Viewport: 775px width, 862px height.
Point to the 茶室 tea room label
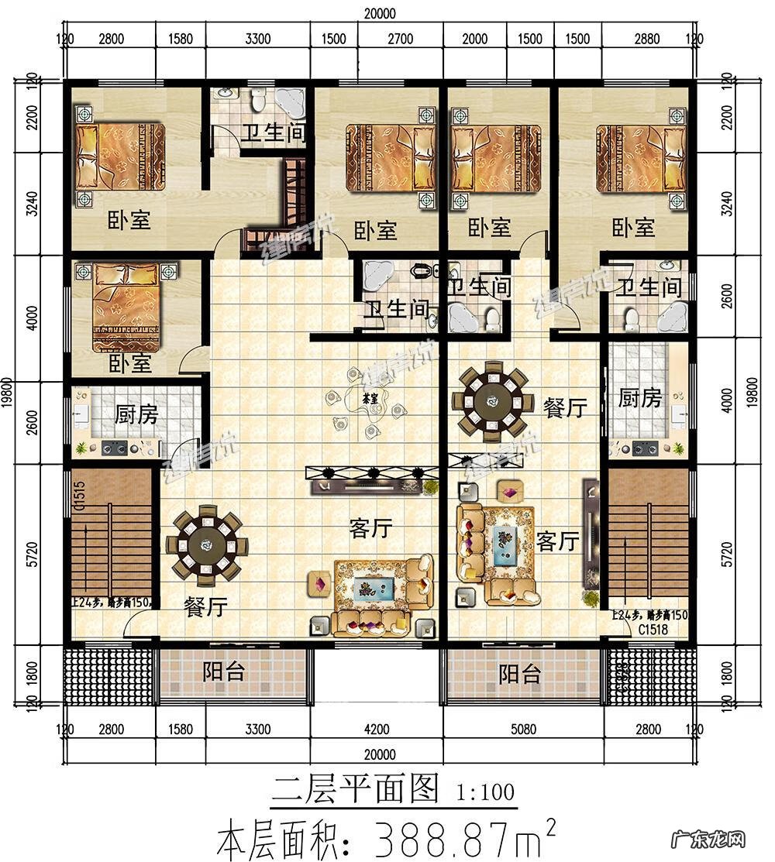click(370, 398)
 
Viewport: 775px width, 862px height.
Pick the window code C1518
click(653, 630)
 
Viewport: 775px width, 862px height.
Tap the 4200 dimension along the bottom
click(377, 729)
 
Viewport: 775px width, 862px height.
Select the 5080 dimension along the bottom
click(523, 729)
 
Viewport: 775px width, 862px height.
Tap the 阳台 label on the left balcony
click(224, 672)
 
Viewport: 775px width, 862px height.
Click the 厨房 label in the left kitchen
click(136, 415)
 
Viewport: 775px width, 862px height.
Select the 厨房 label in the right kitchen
click(640, 399)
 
